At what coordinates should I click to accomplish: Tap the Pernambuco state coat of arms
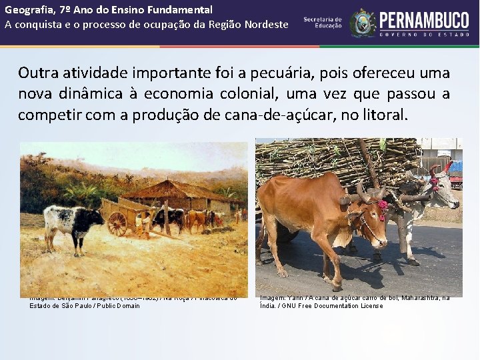(x=363, y=23)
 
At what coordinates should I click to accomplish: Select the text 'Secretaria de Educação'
(x=323, y=23)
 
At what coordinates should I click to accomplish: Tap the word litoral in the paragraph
(x=382, y=114)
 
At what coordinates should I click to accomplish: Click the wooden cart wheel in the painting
(x=117, y=224)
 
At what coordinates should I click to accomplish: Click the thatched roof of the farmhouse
(x=171, y=191)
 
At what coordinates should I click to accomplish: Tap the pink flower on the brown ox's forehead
(x=383, y=207)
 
